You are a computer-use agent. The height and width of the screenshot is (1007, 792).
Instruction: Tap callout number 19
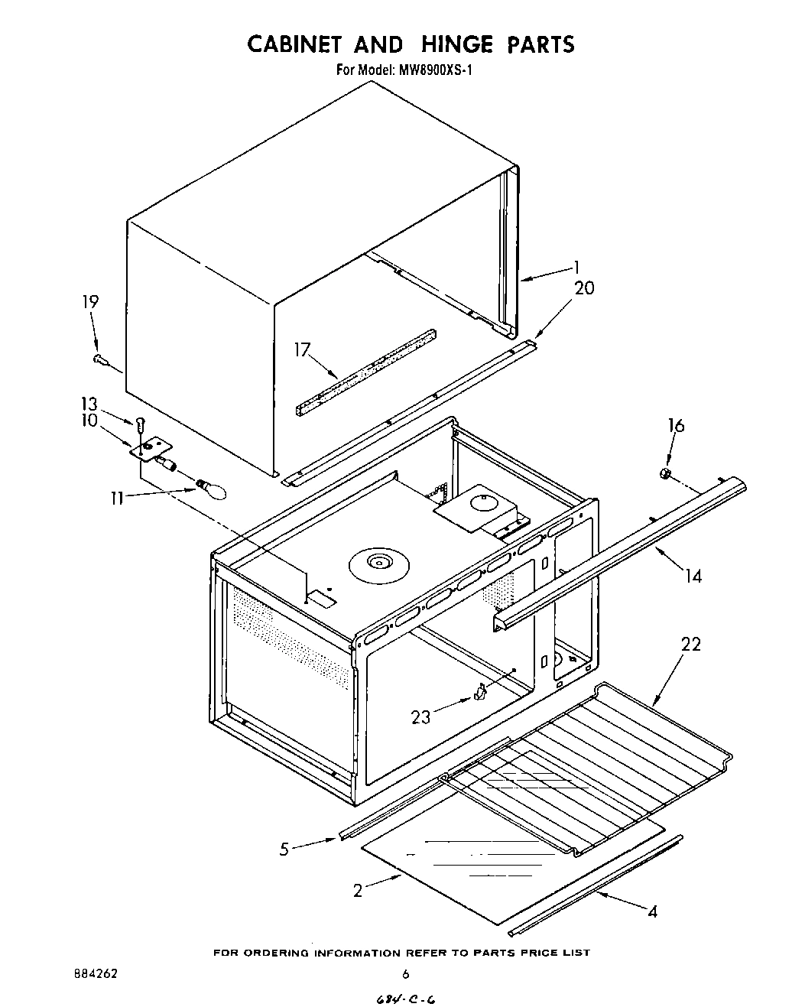tap(89, 302)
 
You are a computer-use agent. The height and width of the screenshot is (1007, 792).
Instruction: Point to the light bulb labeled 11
tap(213, 488)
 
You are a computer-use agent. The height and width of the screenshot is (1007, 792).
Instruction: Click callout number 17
tap(302, 349)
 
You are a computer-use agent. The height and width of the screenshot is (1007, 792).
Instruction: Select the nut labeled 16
tap(665, 476)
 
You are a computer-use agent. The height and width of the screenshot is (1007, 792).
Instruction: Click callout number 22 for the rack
tap(690, 645)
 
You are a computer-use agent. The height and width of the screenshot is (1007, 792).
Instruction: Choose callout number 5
tap(284, 849)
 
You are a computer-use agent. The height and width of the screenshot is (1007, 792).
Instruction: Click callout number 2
tap(357, 891)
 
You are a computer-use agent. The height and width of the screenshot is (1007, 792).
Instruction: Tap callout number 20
tap(583, 288)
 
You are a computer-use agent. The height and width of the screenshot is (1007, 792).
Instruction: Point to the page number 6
tap(406, 974)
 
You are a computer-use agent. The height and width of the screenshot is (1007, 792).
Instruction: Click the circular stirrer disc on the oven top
tap(376, 564)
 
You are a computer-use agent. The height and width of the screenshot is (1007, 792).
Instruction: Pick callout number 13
tap(89, 404)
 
